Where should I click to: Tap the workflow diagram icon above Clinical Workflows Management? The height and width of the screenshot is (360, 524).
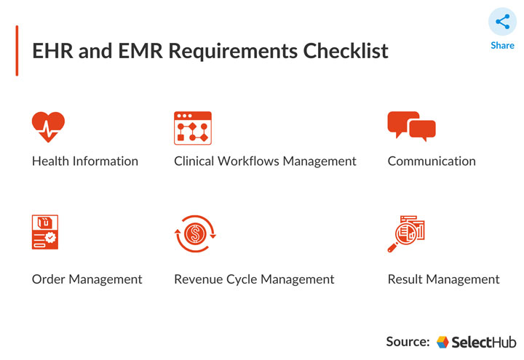[x=192, y=128]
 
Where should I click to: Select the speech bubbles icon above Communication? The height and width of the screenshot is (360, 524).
[x=411, y=127]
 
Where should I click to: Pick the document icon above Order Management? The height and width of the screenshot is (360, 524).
[x=45, y=233]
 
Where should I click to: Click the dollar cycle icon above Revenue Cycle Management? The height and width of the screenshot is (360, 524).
[x=194, y=233]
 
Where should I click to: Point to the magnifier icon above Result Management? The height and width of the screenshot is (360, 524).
[x=406, y=233]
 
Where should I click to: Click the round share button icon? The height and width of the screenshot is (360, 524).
[x=502, y=22]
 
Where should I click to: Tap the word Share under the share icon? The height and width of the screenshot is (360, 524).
[x=502, y=45]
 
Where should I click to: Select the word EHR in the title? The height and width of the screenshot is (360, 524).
[x=51, y=52]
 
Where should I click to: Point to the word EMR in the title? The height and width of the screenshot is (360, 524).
[x=137, y=52]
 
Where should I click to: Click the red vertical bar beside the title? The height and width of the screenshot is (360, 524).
[x=17, y=51]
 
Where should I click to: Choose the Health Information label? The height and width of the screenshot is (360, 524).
[x=85, y=161]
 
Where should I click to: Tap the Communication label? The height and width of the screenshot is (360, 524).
[x=432, y=161]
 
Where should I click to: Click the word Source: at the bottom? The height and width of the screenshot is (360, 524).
[x=408, y=341]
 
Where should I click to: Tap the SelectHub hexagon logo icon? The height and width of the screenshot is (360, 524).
[x=443, y=342]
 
